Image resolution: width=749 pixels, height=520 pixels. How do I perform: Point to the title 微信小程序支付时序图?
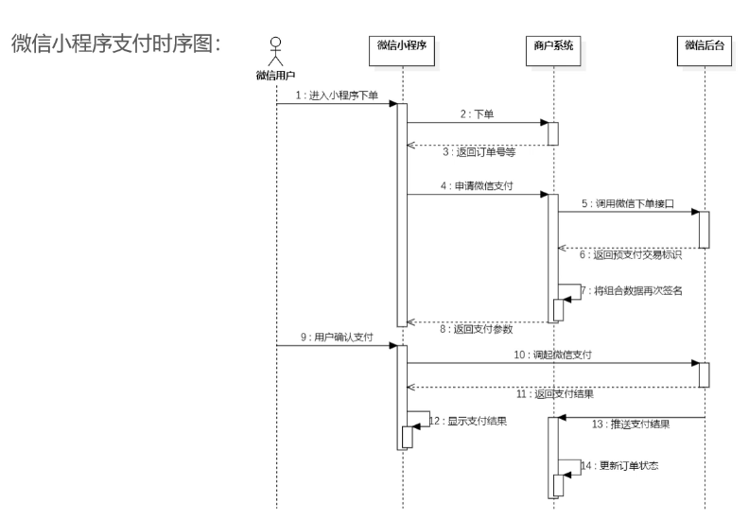click(114, 43)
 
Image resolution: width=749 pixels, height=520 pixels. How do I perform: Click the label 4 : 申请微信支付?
click(477, 187)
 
